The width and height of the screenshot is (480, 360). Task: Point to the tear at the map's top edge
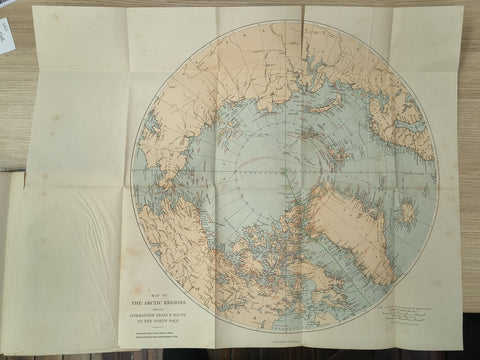point(303,14)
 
